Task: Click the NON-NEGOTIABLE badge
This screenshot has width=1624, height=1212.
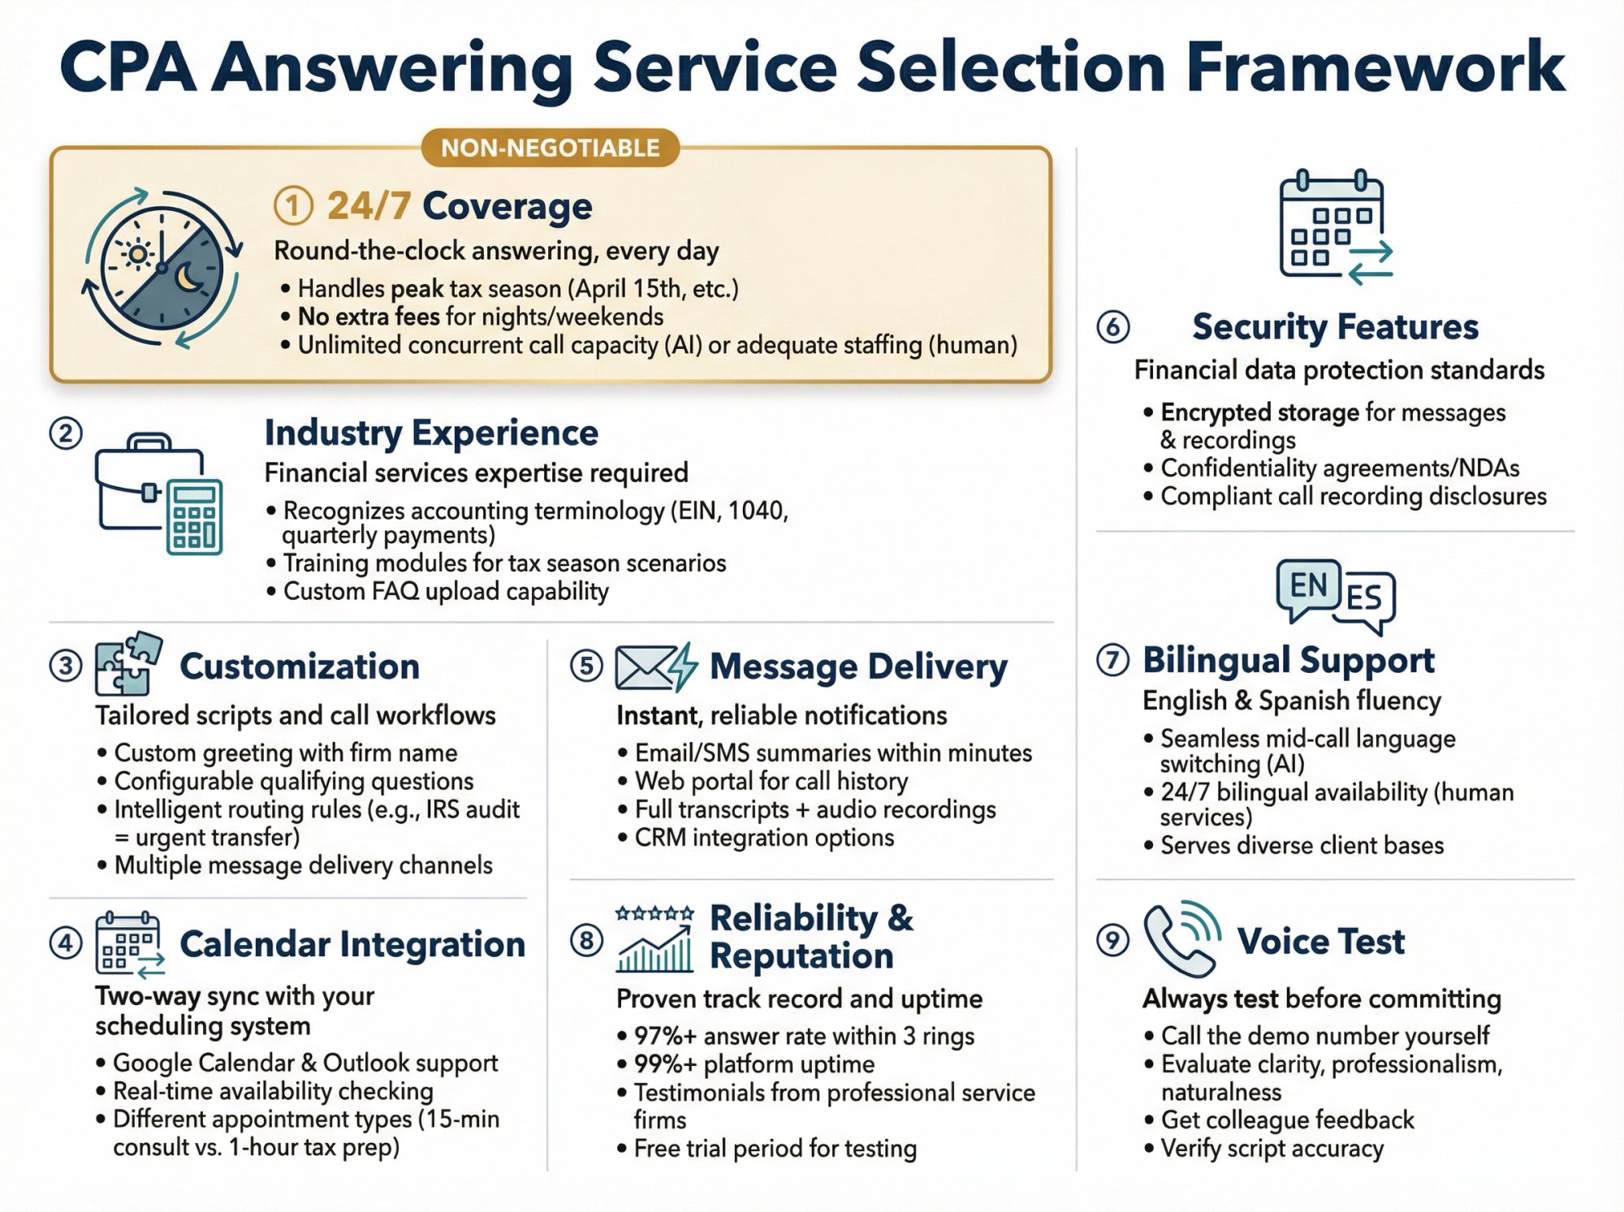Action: click(x=550, y=148)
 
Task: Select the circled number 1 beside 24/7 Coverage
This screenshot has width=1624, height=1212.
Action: click(x=293, y=206)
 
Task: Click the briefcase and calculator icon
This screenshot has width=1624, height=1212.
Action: click(x=159, y=494)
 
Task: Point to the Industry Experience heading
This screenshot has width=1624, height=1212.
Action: click(x=431, y=433)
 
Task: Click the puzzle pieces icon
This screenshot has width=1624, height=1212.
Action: click(x=127, y=663)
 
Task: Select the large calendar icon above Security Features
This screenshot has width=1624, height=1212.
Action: click(x=1333, y=226)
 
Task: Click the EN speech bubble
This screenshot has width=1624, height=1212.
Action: click(x=1308, y=586)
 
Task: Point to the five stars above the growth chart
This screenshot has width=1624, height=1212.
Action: click(x=654, y=913)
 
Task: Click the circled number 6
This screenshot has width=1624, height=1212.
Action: click(x=1112, y=326)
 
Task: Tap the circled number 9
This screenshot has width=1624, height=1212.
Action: click(x=1112, y=941)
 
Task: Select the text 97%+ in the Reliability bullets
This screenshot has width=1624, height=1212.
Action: click(x=665, y=1036)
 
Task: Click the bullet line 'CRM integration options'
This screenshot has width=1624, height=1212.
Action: click(x=763, y=838)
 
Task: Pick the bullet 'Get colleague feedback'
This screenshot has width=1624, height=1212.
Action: click(x=1287, y=1120)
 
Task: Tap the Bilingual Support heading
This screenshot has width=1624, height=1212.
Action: click(x=1288, y=661)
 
